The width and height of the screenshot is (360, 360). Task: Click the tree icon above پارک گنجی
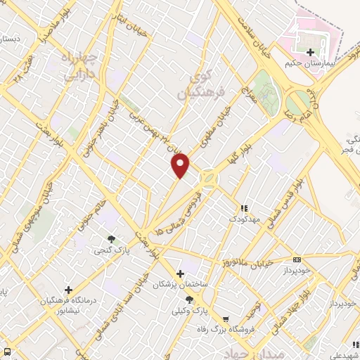pos(110,238)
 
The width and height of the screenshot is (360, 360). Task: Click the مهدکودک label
pos(245,219)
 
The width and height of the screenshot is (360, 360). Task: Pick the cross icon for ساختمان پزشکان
pos(180,273)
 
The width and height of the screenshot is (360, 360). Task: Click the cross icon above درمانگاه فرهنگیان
pos(68,289)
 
